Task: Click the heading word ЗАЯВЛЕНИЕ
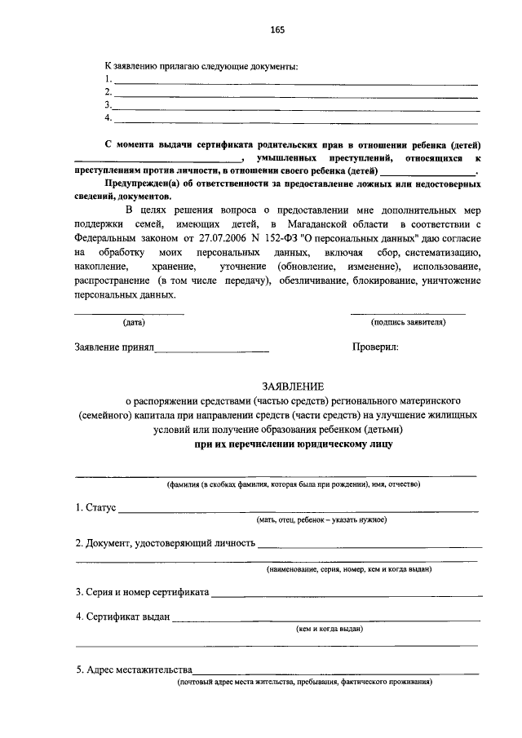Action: (x=293, y=386)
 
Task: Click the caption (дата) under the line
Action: (x=134, y=322)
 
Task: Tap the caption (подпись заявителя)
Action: (x=408, y=322)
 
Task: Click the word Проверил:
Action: (x=375, y=347)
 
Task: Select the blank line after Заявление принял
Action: (x=212, y=350)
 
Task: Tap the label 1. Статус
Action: (x=95, y=508)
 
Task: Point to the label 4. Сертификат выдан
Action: (x=122, y=616)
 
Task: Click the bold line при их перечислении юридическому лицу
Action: (x=293, y=444)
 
